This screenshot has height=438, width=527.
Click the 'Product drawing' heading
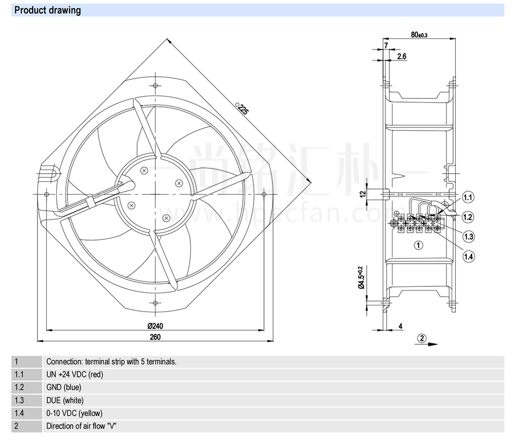coord(48,10)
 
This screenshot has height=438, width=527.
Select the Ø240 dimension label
coord(155,325)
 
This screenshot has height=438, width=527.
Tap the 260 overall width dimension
coord(155,336)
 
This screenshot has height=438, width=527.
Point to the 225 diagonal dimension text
coord(242,109)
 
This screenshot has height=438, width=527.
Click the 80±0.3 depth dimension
coord(419,35)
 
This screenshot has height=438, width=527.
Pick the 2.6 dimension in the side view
coord(402,56)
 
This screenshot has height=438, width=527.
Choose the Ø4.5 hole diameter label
coord(361,277)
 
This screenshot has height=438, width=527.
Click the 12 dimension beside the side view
coord(363,194)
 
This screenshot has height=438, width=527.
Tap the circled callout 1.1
coord(468,197)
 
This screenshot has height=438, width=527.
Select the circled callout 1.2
coord(468,217)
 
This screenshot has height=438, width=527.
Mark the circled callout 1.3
coord(469,236)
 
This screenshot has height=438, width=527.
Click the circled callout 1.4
coord(469,257)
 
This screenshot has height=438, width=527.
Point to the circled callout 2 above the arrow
coord(422,338)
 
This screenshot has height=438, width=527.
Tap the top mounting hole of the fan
coord(155,86)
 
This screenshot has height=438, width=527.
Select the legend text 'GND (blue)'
coord(64,387)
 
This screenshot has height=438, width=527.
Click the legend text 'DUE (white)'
coord(65,401)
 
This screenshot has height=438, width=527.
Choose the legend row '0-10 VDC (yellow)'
coord(74,413)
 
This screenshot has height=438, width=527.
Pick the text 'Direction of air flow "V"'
coord(81,426)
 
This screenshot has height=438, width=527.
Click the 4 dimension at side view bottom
coord(401,326)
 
